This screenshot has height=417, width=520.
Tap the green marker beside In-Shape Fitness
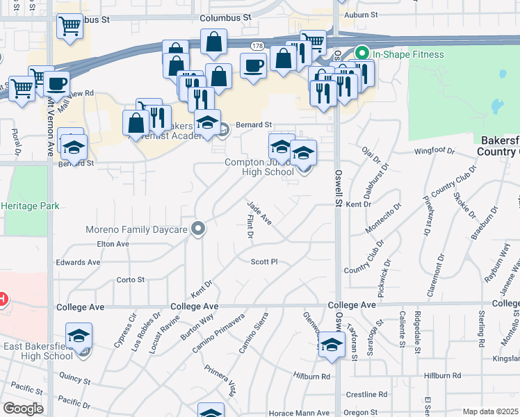point(361,53)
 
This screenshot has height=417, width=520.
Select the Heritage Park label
point(30,206)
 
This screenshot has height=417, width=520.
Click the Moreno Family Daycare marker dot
point(199,228)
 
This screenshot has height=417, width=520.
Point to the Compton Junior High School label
point(259,167)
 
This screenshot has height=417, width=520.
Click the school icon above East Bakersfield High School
point(79,336)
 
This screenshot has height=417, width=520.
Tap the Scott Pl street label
point(264,262)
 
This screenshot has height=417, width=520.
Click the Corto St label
point(130,279)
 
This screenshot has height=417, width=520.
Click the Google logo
point(23,409)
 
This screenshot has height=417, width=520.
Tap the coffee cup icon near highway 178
point(253,66)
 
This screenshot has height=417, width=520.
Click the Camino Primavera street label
point(220,332)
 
